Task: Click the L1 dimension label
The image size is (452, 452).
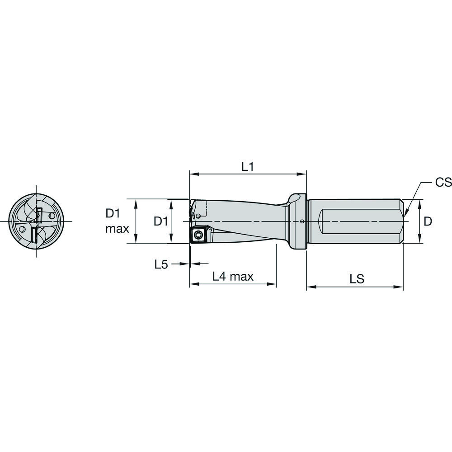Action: pos(247,167)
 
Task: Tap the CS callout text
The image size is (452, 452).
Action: pos(443,182)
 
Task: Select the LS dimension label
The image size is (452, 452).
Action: pos(357,279)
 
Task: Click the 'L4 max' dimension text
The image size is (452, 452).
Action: pos(233,277)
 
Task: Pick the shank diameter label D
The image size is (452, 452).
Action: pos(428,221)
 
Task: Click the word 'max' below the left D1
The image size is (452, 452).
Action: pos(117,229)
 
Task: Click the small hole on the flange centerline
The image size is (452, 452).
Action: pos(302,221)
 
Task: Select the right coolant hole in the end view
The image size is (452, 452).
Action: pos(52,215)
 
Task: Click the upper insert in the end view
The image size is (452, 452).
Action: pos(39,215)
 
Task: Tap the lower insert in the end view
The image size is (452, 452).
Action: pos(34,235)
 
